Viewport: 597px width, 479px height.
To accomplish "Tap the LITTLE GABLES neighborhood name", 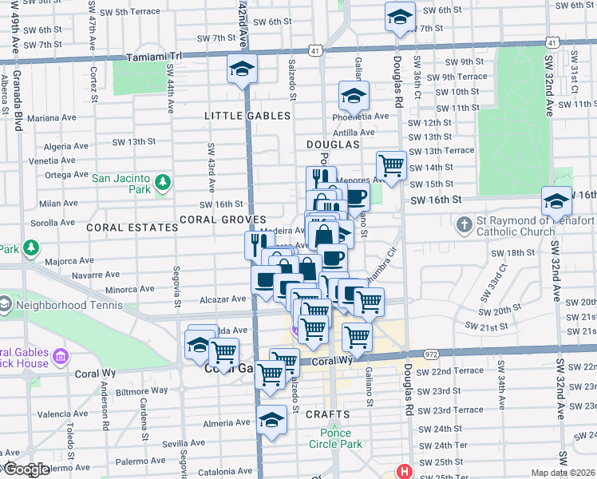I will tap(247, 116).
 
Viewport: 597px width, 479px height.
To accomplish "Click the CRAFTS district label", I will tap(327, 414).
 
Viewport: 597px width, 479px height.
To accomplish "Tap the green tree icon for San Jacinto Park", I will tap(162, 183).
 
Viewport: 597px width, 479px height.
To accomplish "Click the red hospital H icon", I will tap(405, 471).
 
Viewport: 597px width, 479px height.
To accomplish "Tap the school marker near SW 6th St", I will tap(400, 16).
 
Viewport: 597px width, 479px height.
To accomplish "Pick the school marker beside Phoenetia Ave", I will tap(354, 97).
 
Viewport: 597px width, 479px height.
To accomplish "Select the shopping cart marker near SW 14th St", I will tap(391, 166).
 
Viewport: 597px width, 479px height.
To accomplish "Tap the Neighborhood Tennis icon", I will tap(4, 304).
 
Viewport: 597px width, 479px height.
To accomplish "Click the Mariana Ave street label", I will tap(52, 117).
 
